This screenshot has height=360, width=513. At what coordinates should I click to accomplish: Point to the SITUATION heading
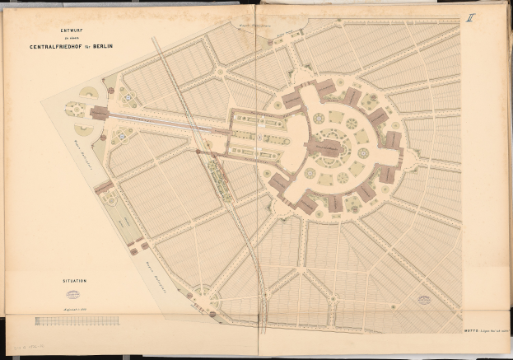[72, 281]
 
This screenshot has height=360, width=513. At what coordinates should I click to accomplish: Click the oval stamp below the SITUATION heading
[72, 294]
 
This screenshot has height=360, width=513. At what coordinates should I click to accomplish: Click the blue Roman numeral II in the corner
[470, 15]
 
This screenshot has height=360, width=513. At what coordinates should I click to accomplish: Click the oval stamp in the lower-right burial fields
[425, 300]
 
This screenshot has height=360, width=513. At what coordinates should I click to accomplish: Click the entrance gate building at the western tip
[100, 113]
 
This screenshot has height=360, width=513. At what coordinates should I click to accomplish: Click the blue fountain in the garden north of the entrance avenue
[128, 98]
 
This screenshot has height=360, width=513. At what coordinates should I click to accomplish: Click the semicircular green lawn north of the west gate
[86, 94]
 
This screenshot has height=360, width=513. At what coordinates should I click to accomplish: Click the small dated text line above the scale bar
[74, 306]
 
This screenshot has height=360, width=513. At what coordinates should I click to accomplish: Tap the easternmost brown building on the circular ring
[394, 140]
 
